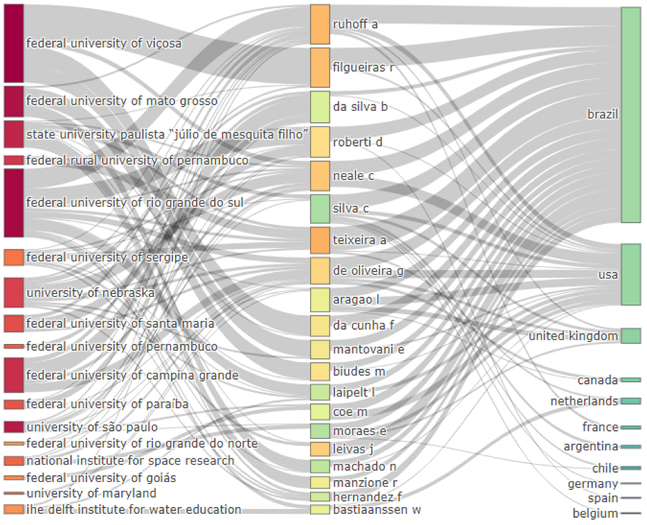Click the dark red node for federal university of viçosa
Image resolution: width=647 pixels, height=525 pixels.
13,43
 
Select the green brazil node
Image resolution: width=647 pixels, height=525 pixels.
631,115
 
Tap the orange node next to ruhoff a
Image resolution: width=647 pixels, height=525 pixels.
320,24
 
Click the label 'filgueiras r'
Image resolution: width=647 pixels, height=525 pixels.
363,67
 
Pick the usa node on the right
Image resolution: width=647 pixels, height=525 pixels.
631,274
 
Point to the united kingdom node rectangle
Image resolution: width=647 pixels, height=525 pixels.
631,336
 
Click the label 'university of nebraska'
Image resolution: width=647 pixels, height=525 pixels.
90,293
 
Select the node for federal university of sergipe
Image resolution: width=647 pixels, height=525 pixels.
13,257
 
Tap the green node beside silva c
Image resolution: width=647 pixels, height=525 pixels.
320,209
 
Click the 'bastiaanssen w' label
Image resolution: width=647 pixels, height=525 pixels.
377,510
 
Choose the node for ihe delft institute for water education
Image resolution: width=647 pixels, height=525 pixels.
13,509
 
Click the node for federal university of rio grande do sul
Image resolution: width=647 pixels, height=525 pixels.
13,203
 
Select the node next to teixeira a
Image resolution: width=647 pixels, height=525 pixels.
320,240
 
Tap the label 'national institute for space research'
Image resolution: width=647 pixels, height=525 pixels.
130,461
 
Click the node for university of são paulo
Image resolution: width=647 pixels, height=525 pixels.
13,427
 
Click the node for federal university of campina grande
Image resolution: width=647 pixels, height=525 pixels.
13,375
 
